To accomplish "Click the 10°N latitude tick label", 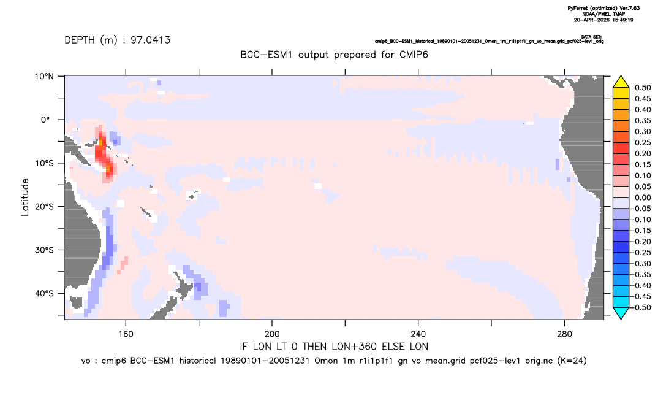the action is pos(44,77).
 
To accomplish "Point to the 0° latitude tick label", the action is pos(45,120).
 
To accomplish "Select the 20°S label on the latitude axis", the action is pos(44,206).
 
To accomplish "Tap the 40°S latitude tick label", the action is pos(44,293).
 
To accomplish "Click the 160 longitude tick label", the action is pos(126,334).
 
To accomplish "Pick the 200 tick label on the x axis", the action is pos(272,334).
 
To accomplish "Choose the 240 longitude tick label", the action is pos(418,334).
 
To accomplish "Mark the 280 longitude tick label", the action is pos(564,334).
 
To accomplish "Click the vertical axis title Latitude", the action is pos(25,197).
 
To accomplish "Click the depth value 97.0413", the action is pos(150,40).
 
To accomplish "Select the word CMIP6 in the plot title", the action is pos(414,55).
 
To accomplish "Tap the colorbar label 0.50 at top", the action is pos(643,88).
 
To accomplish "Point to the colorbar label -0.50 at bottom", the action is pos(641,307).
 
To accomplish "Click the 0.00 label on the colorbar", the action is pos(643,197).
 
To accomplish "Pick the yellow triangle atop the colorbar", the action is pos(621,82).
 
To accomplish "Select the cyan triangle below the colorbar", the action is pos(621,313).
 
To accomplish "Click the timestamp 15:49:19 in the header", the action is pos(621,20).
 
